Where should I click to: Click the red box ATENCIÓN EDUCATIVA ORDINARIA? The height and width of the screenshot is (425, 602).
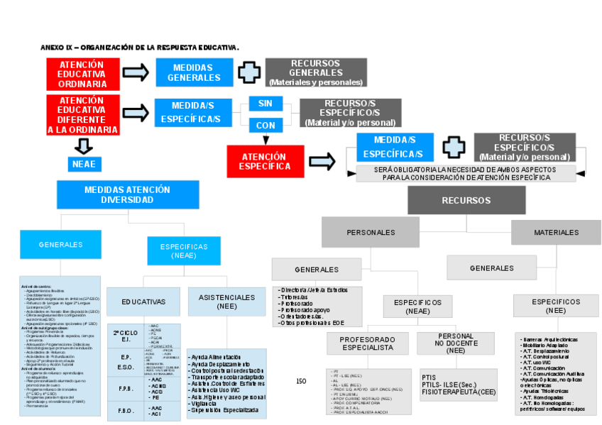(x=82, y=74)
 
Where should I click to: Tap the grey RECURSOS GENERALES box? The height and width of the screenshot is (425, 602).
(x=316, y=72)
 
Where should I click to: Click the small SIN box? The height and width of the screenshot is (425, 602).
(x=265, y=104)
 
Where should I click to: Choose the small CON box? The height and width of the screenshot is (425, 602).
(x=265, y=125)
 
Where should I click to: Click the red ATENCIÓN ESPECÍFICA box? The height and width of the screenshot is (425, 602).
(x=264, y=161)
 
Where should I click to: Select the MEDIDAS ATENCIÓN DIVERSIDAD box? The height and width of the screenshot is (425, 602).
(x=127, y=195)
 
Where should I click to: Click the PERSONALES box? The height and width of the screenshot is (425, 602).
(x=371, y=233)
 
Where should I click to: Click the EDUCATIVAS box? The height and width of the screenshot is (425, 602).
(x=143, y=302)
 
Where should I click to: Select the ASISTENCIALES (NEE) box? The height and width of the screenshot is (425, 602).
(x=227, y=302)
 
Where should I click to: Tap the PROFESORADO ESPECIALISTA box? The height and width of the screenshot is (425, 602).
(x=367, y=344)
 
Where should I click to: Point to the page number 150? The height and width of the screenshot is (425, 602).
(x=301, y=382)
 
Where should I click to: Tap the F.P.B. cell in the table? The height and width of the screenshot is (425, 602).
(x=126, y=388)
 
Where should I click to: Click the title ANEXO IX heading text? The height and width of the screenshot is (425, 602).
(x=140, y=47)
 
